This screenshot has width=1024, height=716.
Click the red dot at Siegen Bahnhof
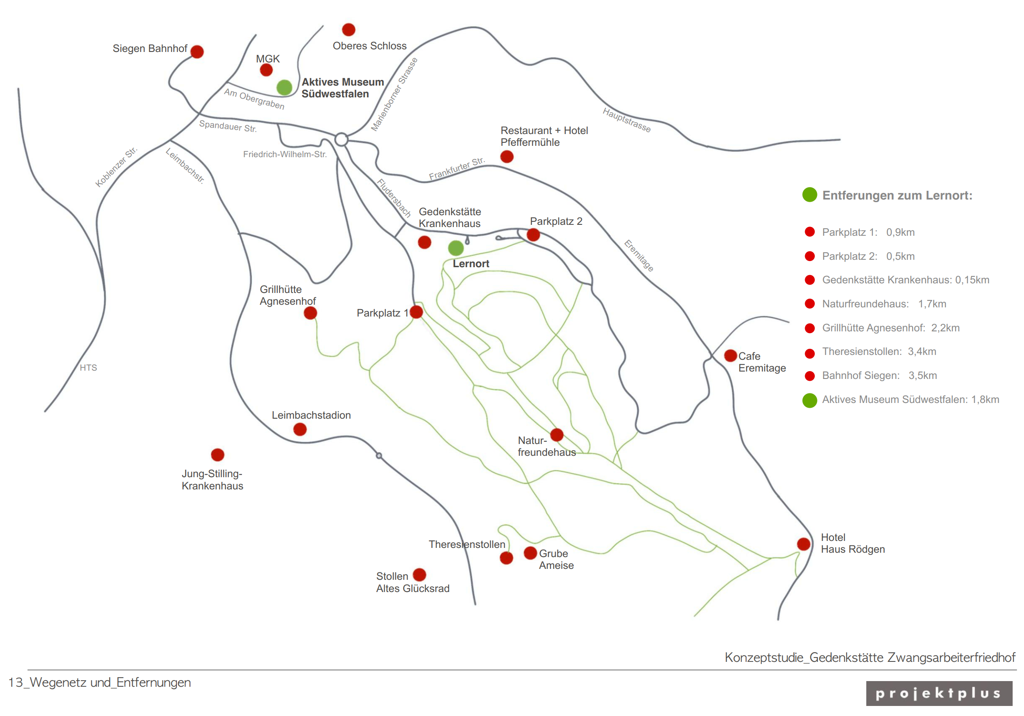click(x=197, y=52)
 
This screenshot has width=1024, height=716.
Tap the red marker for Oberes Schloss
click(x=348, y=30)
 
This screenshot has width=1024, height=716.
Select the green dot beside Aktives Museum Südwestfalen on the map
click(x=284, y=87)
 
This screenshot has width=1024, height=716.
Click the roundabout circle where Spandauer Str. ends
click(x=341, y=140)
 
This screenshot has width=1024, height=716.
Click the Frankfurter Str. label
click(x=457, y=169)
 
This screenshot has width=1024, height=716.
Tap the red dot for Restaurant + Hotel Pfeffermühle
click(x=507, y=156)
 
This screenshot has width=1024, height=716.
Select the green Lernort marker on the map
click(x=456, y=248)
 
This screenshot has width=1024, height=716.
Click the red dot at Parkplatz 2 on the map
click(x=533, y=234)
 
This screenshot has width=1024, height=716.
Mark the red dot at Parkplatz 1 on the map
click(x=416, y=312)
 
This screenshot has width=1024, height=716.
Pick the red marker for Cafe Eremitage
click(x=730, y=355)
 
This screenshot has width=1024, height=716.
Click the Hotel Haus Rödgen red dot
click(x=804, y=544)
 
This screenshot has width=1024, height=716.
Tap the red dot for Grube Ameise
click(x=530, y=553)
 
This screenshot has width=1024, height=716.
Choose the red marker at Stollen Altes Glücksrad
click(x=419, y=575)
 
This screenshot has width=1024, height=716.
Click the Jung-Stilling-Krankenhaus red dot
click(x=218, y=455)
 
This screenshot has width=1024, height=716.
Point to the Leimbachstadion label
click(x=311, y=415)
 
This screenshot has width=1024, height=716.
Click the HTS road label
click(x=88, y=367)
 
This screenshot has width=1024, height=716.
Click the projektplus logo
click(x=939, y=693)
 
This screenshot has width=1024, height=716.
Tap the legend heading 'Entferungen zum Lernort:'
click(x=897, y=195)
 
